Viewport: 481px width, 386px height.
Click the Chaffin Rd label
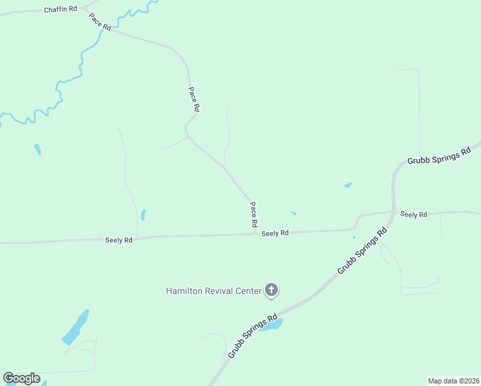pyautogui.click(x=60, y=10)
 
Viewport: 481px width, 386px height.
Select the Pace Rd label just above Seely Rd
pyautogui.click(x=254, y=214)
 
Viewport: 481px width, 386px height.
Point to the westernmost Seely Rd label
pyautogui.click(x=119, y=240)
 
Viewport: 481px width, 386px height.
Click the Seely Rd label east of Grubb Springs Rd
pyautogui.click(x=413, y=214)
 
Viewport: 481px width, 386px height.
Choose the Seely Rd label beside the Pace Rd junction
pyautogui.click(x=275, y=233)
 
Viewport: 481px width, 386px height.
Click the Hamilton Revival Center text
pyautogui.click(x=213, y=291)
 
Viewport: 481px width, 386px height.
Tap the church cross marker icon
pyautogui.click(x=271, y=290)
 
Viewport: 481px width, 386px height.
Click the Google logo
pyautogui.click(x=21, y=378)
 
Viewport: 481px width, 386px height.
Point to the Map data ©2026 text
pyautogui.click(x=453, y=381)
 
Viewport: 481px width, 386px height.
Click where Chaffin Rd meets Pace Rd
pyautogui.click(x=86, y=10)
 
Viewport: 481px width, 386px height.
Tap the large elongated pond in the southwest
pyautogui.click(x=75, y=327)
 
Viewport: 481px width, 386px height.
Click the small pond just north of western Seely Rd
pyautogui.click(x=143, y=215)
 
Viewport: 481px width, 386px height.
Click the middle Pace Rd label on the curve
pyautogui.click(x=194, y=99)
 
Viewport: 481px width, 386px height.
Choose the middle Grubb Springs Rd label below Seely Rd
pyautogui.click(x=362, y=251)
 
